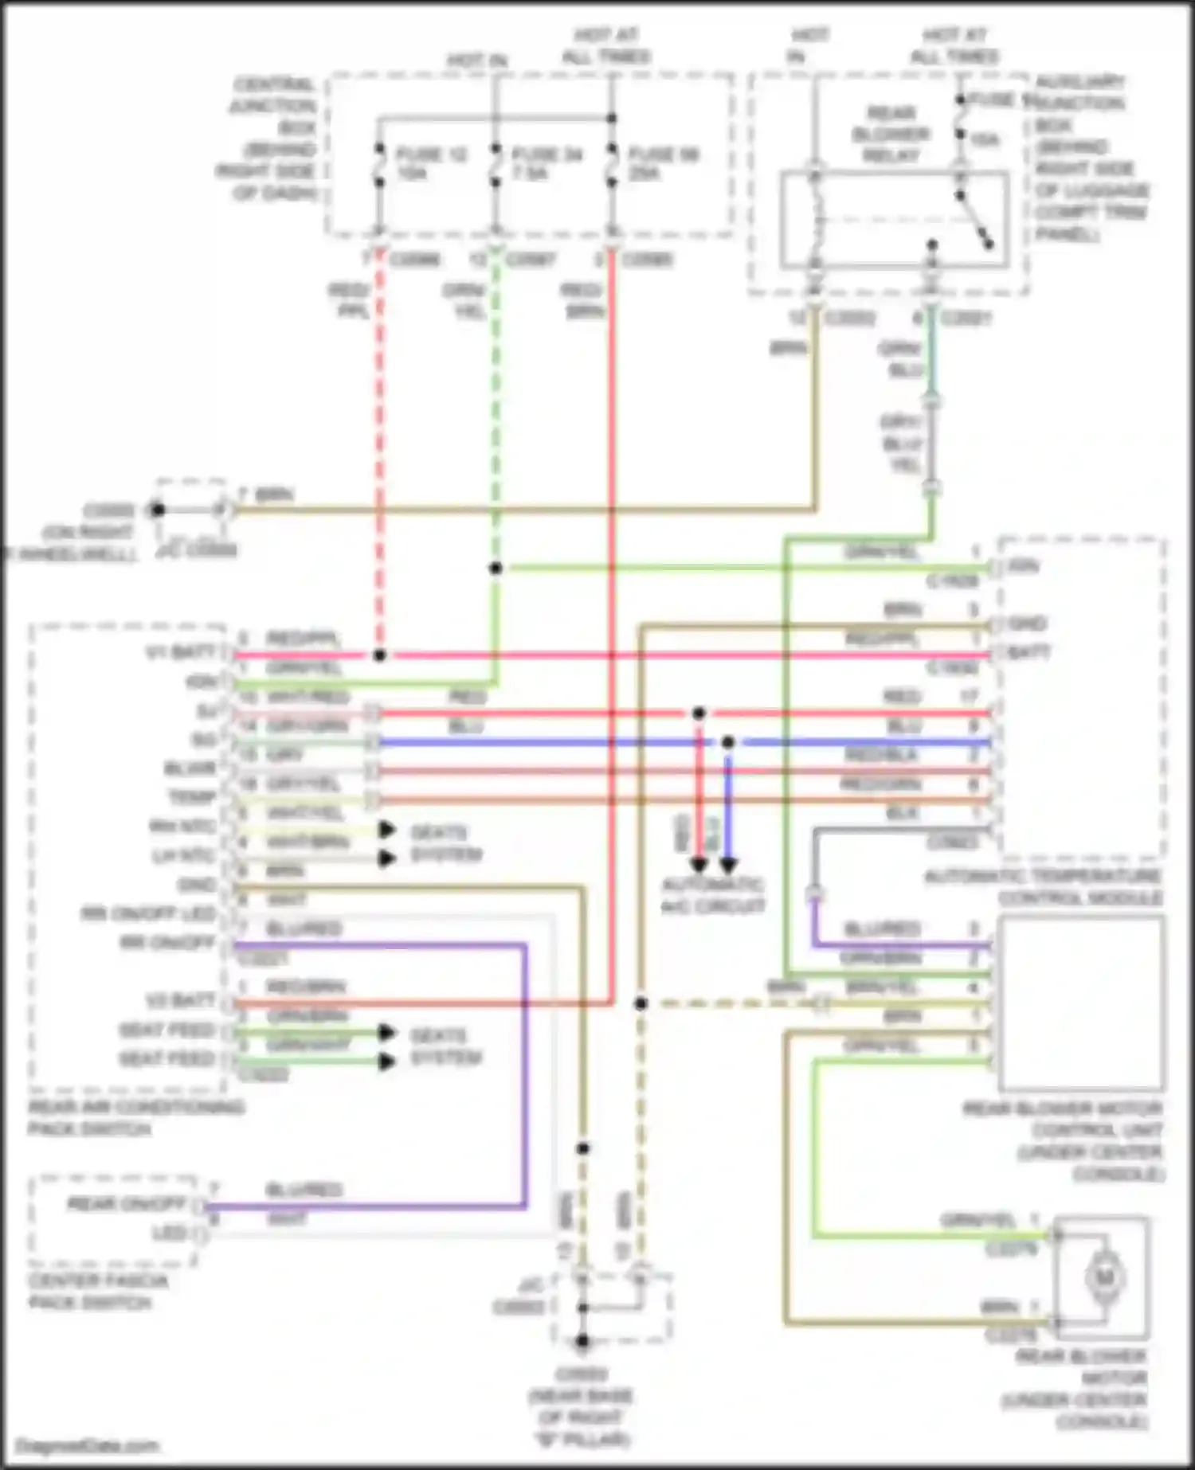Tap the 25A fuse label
point(644,173)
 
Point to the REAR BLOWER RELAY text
point(891,134)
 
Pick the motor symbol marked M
point(1103,1278)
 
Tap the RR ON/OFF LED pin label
point(148,913)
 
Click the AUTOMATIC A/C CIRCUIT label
point(713,895)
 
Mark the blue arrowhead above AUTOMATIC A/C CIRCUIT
point(728,865)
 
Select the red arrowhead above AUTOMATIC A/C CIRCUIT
point(699,865)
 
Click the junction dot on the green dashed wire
point(496,568)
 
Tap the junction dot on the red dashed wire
point(380,655)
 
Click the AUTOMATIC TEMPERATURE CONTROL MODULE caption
point(1043,887)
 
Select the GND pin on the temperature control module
point(1026,624)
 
